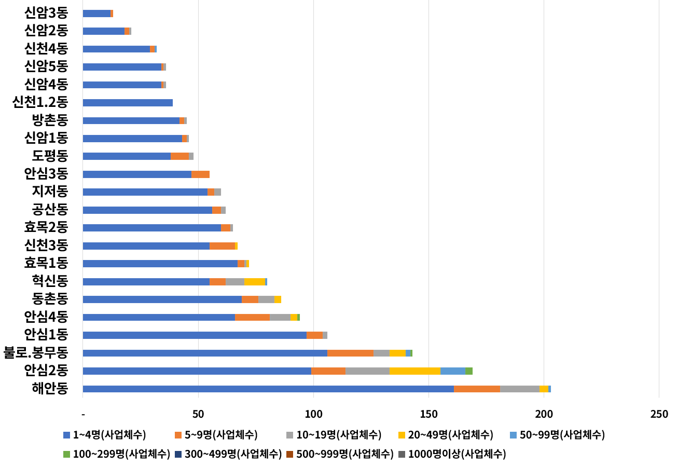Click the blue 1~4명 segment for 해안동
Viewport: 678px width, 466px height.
pos(268,389)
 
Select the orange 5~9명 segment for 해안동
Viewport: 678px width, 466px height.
pos(477,389)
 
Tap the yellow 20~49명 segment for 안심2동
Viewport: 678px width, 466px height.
pos(415,371)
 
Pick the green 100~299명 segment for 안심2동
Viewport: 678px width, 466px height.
pos(469,371)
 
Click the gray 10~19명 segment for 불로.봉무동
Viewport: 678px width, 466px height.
pos(381,353)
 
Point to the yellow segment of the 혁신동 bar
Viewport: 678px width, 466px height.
pos(255,282)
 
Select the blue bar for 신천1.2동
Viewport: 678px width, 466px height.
pos(128,103)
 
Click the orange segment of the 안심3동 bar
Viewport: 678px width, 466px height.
pos(200,174)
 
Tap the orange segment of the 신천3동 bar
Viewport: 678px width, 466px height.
pos(222,246)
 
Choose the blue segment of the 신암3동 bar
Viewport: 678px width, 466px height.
pos(96,13)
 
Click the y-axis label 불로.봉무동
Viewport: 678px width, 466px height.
pos(36,353)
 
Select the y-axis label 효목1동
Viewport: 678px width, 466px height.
pos(46,263)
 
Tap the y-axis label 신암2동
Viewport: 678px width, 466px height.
pos(46,31)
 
